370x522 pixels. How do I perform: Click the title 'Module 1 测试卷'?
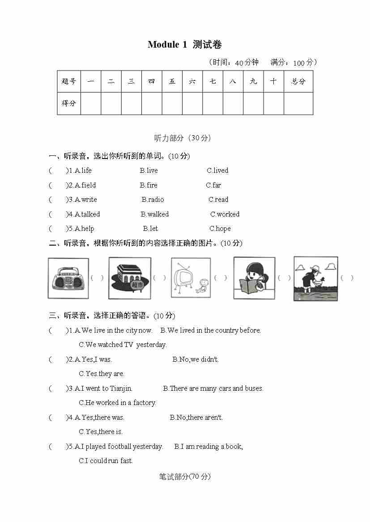click(x=184, y=45)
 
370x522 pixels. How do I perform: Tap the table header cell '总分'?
click(x=298, y=81)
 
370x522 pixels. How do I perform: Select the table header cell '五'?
click(x=172, y=81)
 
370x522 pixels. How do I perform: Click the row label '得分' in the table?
click(x=69, y=103)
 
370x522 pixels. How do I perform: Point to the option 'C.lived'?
click(x=217, y=171)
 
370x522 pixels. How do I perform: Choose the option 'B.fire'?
click(x=149, y=185)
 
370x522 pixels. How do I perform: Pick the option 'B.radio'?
click(x=153, y=200)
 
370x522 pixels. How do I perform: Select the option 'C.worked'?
click(x=225, y=214)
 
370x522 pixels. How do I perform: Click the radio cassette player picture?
click(x=68, y=278)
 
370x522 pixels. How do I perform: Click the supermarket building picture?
click(x=130, y=278)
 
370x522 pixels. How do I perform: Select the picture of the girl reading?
click(x=254, y=278)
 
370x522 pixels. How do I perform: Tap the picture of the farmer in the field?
click(x=315, y=278)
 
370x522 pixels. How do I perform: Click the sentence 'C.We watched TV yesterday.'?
click(x=123, y=345)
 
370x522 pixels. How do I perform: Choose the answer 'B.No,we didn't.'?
click(x=196, y=359)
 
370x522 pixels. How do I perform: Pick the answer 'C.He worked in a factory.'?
click(x=117, y=403)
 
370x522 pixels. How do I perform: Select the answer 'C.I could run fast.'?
click(x=106, y=461)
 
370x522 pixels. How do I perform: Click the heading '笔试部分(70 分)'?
click(x=184, y=476)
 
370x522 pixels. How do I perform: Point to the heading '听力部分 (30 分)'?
click(x=182, y=138)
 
